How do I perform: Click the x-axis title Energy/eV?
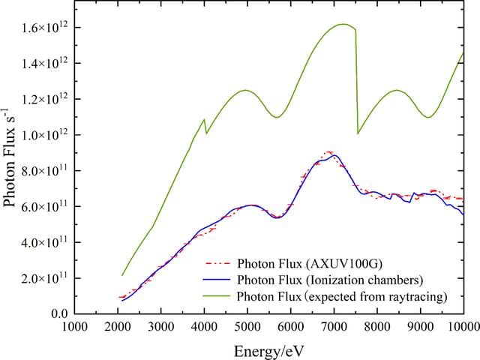[x=269, y=351]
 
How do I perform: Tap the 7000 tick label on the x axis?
[x=334, y=326]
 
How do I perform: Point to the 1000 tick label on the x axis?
[x=75, y=326]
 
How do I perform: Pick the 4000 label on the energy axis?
[x=205, y=326]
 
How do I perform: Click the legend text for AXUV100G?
[x=310, y=263]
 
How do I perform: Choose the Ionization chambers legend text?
[x=330, y=280]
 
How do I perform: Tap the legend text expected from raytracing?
[x=342, y=296]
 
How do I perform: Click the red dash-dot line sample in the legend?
[x=217, y=263]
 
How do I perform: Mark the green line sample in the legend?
[x=217, y=296]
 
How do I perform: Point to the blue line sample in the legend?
[x=217, y=280]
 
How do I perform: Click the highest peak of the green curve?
[x=343, y=24]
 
